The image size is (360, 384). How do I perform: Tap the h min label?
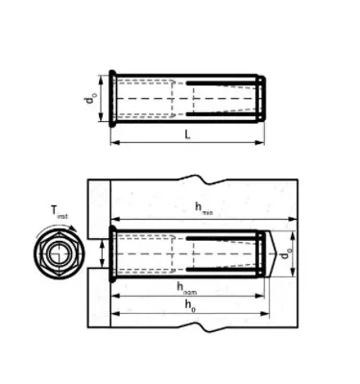[x=202, y=207]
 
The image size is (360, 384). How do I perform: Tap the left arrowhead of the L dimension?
[x=115, y=143]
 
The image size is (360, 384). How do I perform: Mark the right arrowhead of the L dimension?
[x=262, y=143]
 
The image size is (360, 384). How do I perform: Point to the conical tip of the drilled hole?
[x=279, y=254]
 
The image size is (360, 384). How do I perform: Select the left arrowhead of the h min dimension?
[x=114, y=216]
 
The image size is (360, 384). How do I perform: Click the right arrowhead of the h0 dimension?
[x=269, y=315]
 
